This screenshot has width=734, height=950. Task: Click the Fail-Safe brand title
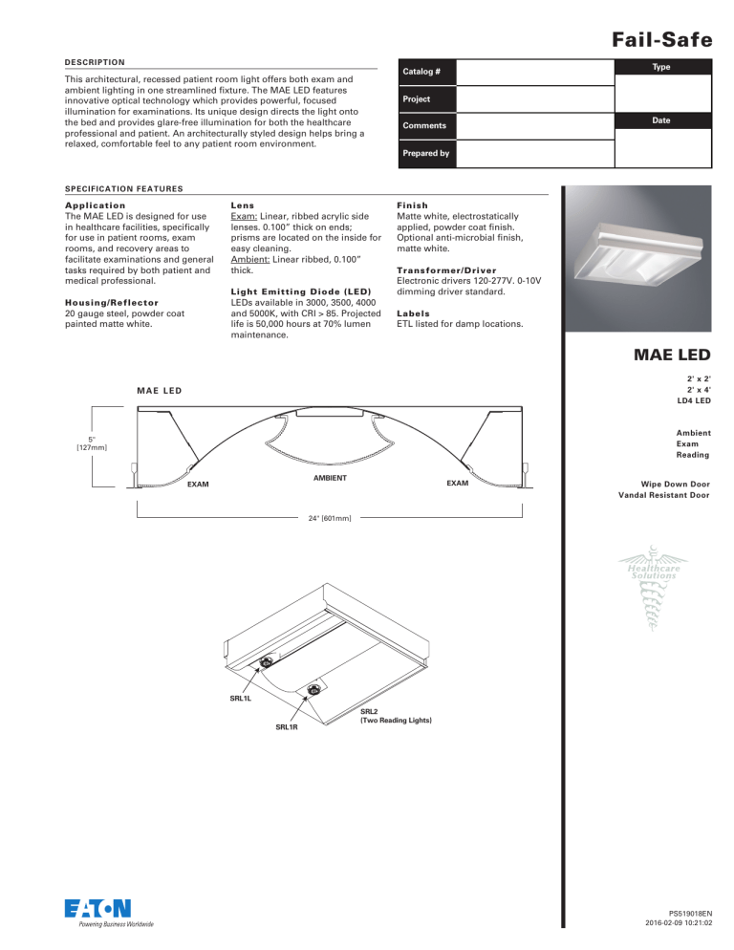[x=658, y=40]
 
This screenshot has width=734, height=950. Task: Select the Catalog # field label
[x=421, y=73]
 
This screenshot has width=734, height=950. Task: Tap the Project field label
[x=417, y=99]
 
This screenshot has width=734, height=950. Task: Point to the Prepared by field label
[x=426, y=153]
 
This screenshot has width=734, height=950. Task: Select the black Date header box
[x=662, y=120]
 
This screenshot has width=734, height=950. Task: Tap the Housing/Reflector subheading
[x=71, y=299]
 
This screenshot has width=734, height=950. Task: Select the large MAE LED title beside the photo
[x=667, y=356]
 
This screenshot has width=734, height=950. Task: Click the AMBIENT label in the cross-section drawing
[x=329, y=476]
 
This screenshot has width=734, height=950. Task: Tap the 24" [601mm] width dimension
[x=330, y=518]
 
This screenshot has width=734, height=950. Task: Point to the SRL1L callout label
[x=241, y=699]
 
